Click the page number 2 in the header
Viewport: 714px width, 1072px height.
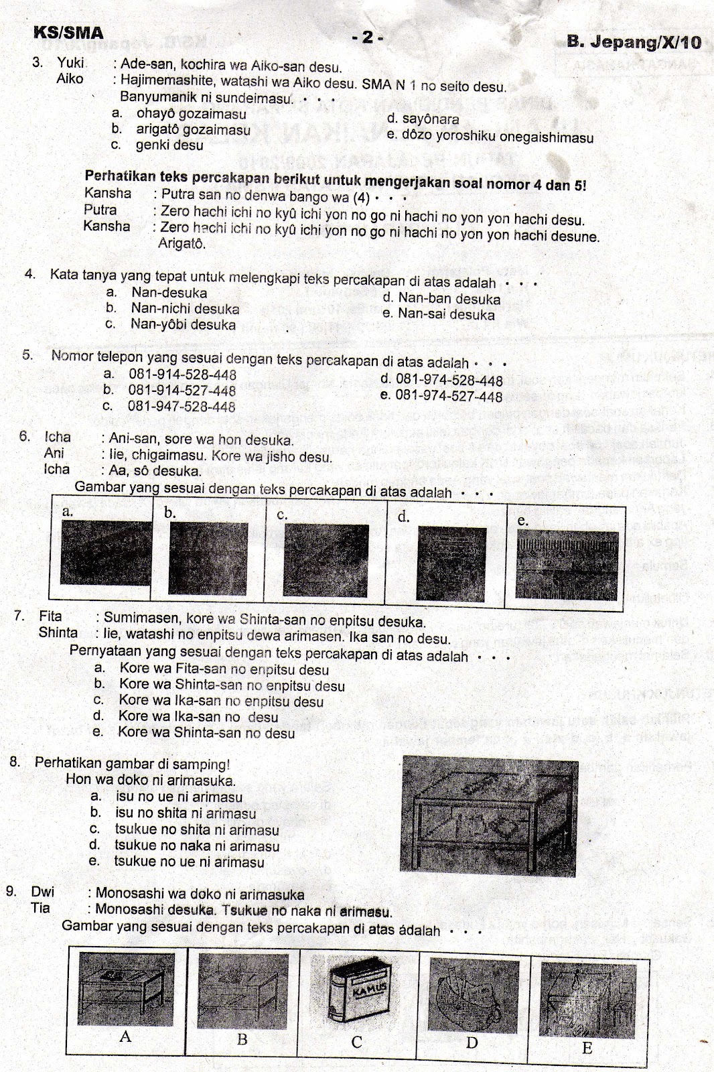pyautogui.click(x=367, y=37)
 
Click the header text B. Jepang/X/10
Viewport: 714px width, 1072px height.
pyautogui.click(x=634, y=42)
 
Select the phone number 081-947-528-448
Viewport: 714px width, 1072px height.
pyautogui.click(x=182, y=406)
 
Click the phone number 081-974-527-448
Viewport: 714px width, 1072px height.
pyautogui.click(x=449, y=396)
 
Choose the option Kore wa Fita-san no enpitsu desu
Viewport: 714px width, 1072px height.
pyautogui.click(x=224, y=669)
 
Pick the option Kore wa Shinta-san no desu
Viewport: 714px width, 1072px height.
pyautogui.click(x=206, y=733)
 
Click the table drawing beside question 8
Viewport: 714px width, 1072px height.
pyautogui.click(x=488, y=815)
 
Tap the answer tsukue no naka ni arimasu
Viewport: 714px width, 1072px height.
pyautogui.click(x=196, y=846)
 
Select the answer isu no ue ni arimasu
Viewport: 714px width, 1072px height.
pyautogui.click(x=179, y=797)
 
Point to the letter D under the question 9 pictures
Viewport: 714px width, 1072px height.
pyautogui.click(x=472, y=1043)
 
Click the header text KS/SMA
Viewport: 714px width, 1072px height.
pyautogui.click(x=68, y=33)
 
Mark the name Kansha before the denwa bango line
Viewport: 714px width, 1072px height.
pyautogui.click(x=107, y=194)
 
